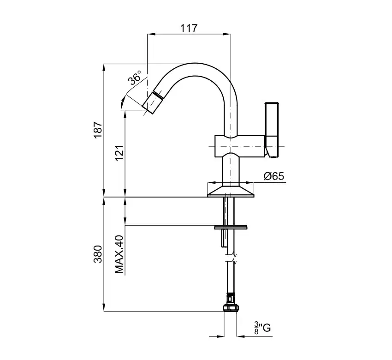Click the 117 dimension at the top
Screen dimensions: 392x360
click(189, 28)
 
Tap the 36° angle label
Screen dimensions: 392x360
click(135, 77)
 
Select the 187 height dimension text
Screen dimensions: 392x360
click(98, 129)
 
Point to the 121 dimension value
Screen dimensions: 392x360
click(119, 153)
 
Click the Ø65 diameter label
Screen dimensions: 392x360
click(274, 176)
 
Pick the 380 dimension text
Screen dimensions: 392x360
click(98, 254)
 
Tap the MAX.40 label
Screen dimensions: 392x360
click(119, 254)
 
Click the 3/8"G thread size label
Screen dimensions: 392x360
click(262, 328)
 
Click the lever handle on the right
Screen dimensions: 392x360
click(272, 130)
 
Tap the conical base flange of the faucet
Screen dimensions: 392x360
click(231, 192)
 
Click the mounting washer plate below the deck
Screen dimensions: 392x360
click(231, 227)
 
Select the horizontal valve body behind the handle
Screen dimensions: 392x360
click(240, 146)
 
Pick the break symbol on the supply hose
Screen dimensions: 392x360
click(231, 258)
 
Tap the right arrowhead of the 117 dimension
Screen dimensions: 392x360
click(227, 34)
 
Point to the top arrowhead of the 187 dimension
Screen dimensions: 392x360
click(104, 67)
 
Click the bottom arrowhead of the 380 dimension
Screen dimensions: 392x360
click(104, 307)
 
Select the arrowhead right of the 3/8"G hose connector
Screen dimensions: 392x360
click(240, 336)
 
